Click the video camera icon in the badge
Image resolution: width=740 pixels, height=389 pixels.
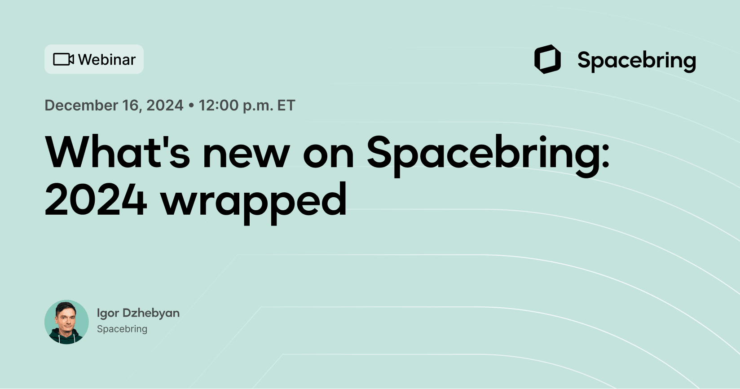pyautogui.click(x=63, y=59)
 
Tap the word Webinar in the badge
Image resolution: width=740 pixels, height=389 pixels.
pyautogui.click(x=107, y=60)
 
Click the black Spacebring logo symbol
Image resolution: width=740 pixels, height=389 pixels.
pyautogui.click(x=547, y=59)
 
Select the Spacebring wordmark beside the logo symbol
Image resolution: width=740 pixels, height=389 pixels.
pyautogui.click(x=636, y=61)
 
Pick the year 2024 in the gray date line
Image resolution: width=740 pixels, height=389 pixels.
pyautogui.click(x=165, y=106)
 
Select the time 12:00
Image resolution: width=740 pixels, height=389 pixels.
pyautogui.click(x=219, y=106)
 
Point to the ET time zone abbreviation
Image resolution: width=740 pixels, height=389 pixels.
pyautogui.click(x=286, y=106)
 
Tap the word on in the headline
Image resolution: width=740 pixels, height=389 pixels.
pyautogui.click(x=329, y=155)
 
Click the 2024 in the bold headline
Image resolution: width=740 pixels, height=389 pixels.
pyautogui.click(x=96, y=200)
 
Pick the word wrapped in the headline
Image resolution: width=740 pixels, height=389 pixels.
pyautogui.click(x=254, y=202)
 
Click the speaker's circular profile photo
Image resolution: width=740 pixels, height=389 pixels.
pyautogui.click(x=66, y=322)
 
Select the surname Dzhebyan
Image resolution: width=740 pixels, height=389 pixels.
pyautogui.click(x=151, y=313)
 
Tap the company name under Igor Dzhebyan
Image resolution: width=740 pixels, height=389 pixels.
pyautogui.click(x=122, y=329)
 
